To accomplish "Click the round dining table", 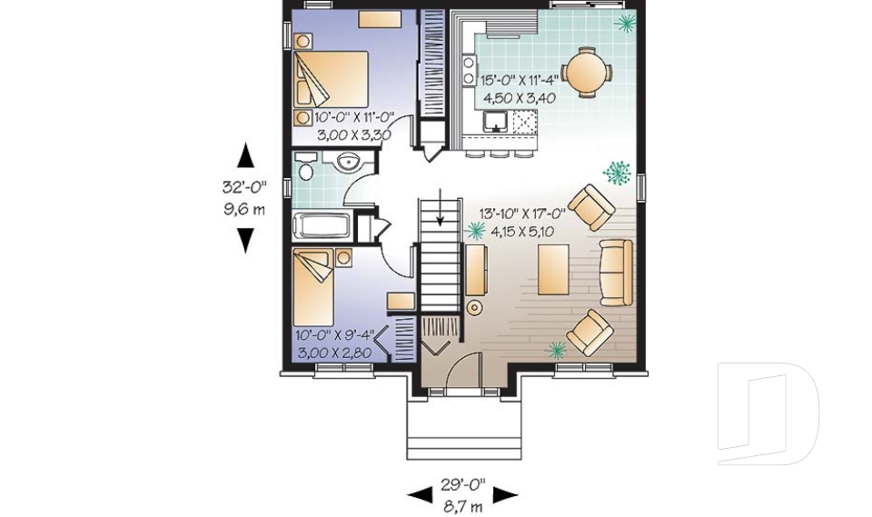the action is click(x=587, y=73).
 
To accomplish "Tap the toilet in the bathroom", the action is click(x=305, y=166).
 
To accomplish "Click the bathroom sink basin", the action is click(x=349, y=162).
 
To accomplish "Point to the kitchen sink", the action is click(x=495, y=121).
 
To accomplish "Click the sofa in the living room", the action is click(x=616, y=273).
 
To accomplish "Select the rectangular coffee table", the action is click(x=553, y=269).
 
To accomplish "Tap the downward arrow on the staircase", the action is click(x=441, y=207).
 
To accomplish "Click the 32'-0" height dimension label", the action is click(x=244, y=186).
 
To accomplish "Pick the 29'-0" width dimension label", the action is click(x=463, y=484).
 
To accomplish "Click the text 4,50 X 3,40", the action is click(x=520, y=98).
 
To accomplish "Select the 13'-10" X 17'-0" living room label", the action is click(x=523, y=214).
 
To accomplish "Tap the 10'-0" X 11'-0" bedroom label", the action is click(x=354, y=117).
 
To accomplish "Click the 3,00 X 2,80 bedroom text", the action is click(x=334, y=353).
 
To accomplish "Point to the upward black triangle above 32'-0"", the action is click(x=245, y=154).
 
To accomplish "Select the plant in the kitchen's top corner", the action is click(x=626, y=22).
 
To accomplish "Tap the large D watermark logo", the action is click(x=768, y=413).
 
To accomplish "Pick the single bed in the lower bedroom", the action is click(x=313, y=286).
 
